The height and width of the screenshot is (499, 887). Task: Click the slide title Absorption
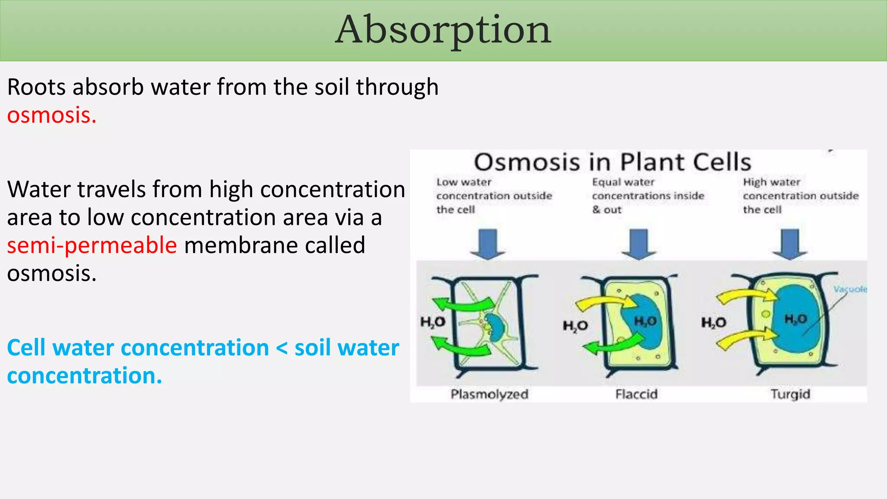443,30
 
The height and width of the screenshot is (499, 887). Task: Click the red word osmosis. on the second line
52,116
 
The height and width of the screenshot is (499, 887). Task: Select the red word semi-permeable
92,246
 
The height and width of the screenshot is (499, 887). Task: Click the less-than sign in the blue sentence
282,348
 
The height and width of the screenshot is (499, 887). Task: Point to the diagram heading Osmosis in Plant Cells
612,162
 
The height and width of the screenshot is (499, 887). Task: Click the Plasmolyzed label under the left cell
489,394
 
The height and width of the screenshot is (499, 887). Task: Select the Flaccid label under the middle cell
636,394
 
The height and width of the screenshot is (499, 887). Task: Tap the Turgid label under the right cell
790,394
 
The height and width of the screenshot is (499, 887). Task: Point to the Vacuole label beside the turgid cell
850,289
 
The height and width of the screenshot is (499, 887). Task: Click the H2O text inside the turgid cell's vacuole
796,319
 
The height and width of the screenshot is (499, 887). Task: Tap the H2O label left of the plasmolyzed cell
433,322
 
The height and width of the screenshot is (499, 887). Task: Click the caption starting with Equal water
647,196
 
